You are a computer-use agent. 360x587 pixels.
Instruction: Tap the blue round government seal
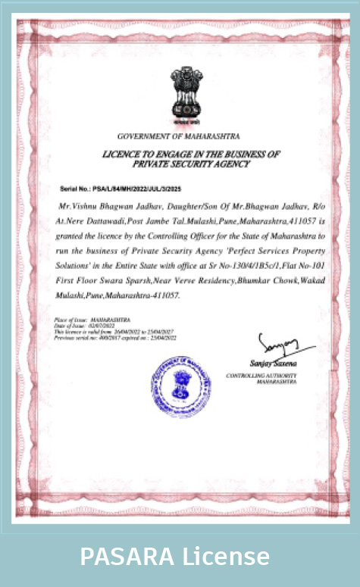point(180,380)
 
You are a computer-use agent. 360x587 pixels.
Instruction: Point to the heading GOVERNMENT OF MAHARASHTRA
point(179,136)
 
